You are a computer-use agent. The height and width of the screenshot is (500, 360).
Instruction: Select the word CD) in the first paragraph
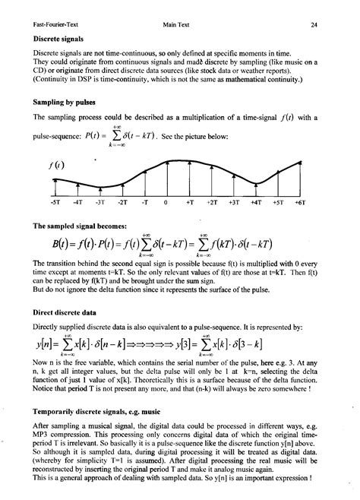40,70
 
